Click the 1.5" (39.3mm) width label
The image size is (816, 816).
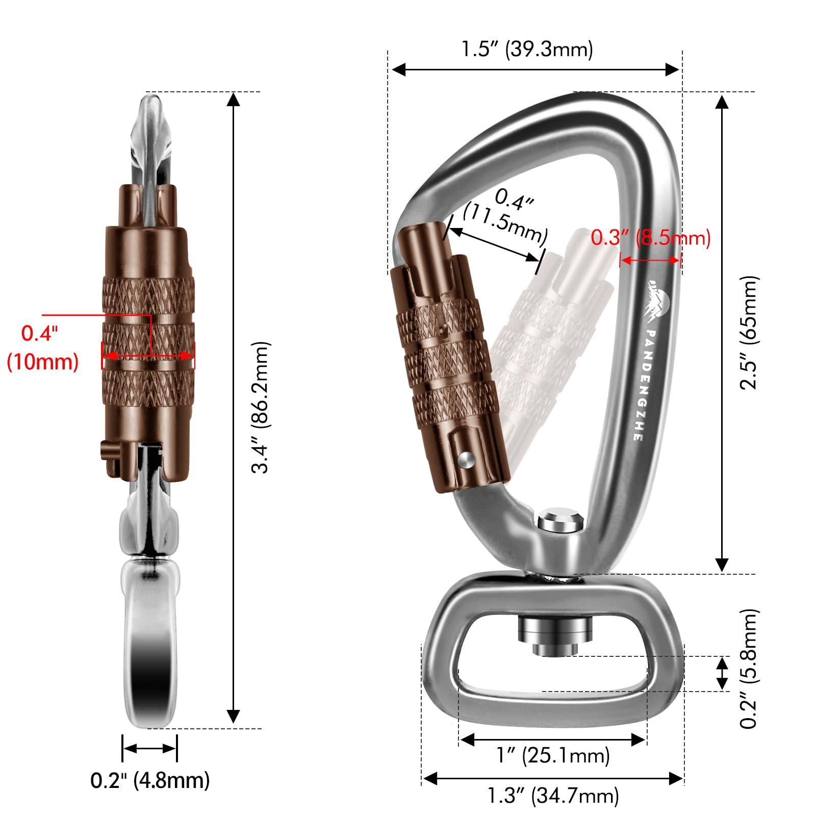pos(527,49)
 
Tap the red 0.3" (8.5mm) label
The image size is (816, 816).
pos(650,238)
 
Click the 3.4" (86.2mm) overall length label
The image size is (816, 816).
pos(260,408)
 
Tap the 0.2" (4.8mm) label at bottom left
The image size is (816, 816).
pos(150,780)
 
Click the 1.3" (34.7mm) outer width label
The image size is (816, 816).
pos(553,795)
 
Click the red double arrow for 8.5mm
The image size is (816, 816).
pos(650,260)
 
